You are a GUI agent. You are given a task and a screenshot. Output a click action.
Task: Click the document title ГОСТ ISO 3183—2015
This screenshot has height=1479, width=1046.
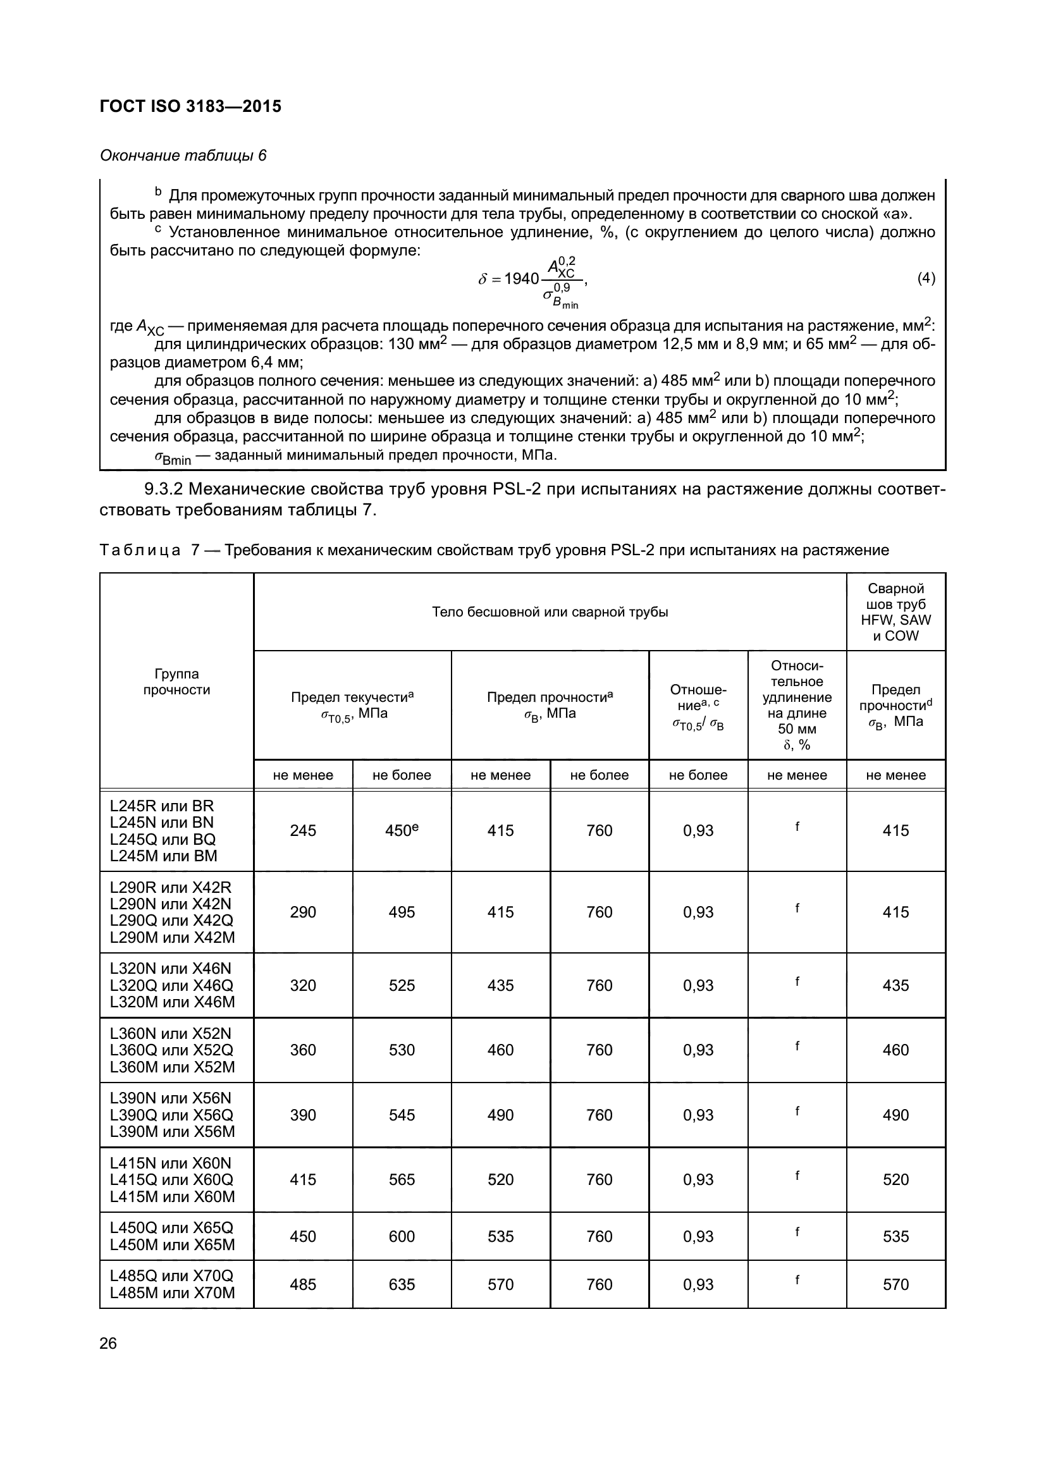tap(190, 106)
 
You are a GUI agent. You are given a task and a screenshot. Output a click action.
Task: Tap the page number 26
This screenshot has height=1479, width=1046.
tap(108, 1343)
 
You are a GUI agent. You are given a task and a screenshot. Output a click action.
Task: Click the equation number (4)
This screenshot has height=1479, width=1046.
tap(926, 278)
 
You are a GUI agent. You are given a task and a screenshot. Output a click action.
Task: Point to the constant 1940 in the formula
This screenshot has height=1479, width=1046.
tap(521, 279)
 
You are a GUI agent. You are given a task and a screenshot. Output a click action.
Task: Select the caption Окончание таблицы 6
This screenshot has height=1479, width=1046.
tap(183, 156)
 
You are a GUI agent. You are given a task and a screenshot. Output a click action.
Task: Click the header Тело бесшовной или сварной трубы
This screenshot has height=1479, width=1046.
tap(550, 612)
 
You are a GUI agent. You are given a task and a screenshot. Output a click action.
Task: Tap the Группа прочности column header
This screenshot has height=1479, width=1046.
tap(176, 682)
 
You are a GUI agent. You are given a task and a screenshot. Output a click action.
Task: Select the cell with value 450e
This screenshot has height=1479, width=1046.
tap(402, 830)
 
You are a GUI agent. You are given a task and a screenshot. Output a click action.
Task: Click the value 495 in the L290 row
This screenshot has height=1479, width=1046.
tap(402, 912)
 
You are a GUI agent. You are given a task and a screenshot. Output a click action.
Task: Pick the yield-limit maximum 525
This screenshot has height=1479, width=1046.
tap(402, 985)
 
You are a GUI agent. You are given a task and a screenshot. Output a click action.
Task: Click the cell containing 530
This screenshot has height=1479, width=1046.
tap(402, 1050)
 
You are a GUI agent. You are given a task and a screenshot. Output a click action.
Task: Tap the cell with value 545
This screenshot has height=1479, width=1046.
tap(402, 1115)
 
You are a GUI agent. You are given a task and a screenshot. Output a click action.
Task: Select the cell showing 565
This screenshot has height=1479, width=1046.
tap(402, 1179)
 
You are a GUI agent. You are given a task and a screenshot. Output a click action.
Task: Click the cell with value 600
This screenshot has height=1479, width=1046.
tap(402, 1236)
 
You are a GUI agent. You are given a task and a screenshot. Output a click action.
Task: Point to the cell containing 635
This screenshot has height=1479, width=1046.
tap(402, 1284)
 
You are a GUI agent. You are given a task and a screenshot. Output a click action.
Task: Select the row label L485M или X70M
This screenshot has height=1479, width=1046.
tap(172, 1293)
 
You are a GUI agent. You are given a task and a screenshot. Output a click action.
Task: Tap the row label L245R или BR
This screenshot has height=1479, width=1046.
tap(162, 806)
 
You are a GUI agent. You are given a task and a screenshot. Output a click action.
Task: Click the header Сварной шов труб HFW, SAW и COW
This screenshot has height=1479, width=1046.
tap(895, 612)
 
